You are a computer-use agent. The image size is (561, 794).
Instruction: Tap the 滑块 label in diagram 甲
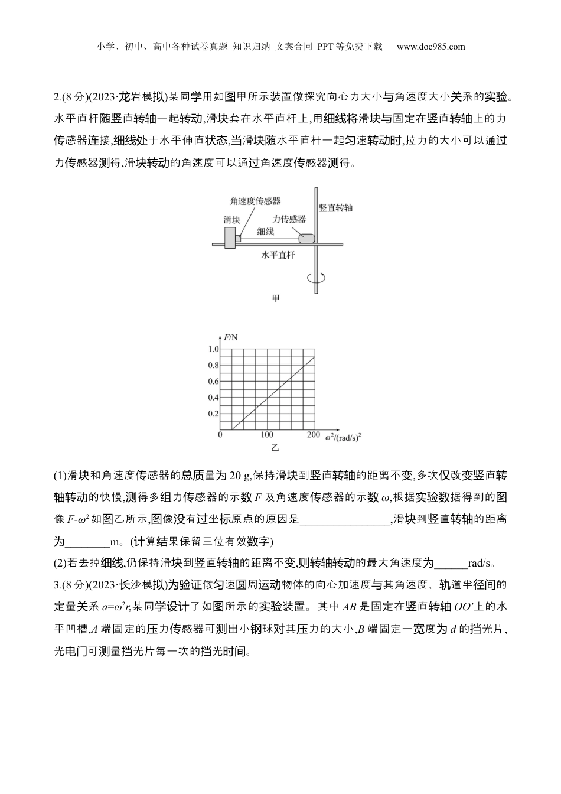click(x=232, y=220)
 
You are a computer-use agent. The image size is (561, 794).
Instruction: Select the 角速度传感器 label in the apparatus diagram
click(x=255, y=201)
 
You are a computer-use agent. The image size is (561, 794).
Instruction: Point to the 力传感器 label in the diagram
click(x=289, y=219)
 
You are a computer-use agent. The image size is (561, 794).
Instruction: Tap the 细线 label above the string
click(x=265, y=232)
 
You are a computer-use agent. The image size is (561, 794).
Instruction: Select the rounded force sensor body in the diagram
click(x=307, y=238)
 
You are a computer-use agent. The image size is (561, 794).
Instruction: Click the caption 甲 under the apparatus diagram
click(x=275, y=298)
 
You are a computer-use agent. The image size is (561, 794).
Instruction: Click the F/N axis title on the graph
click(x=231, y=337)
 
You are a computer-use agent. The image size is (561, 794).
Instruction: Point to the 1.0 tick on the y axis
click(x=213, y=349)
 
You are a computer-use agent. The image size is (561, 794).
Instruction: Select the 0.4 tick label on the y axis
click(x=213, y=398)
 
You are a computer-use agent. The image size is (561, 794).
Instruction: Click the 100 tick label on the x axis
click(x=266, y=435)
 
